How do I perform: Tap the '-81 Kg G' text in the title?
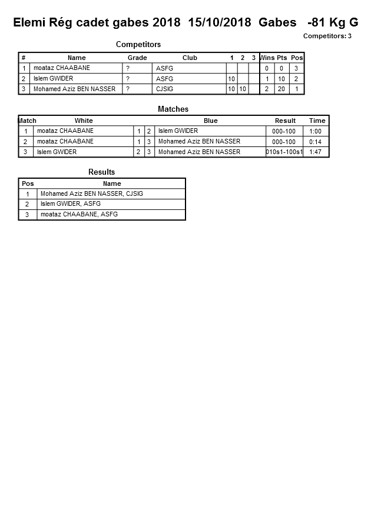click(x=333, y=23)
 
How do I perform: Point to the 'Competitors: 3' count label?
click(x=327, y=36)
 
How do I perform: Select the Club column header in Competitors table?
click(x=190, y=58)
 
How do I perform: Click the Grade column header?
click(x=137, y=58)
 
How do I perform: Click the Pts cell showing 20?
click(x=281, y=89)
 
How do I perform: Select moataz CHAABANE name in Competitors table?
click(x=62, y=68)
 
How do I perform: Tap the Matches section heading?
click(x=173, y=109)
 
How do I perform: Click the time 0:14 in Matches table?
click(x=316, y=142)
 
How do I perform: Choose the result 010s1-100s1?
click(x=284, y=152)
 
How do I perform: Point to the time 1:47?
click(x=316, y=152)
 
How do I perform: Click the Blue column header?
click(x=210, y=121)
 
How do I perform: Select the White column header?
click(x=84, y=121)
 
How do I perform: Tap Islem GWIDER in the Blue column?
click(x=178, y=131)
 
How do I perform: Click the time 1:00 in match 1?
click(x=316, y=131)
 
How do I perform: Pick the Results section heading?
click(x=101, y=172)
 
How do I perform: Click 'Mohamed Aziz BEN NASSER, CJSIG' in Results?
click(x=92, y=193)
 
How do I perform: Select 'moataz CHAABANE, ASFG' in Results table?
click(x=79, y=215)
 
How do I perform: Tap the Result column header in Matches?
click(x=285, y=121)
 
